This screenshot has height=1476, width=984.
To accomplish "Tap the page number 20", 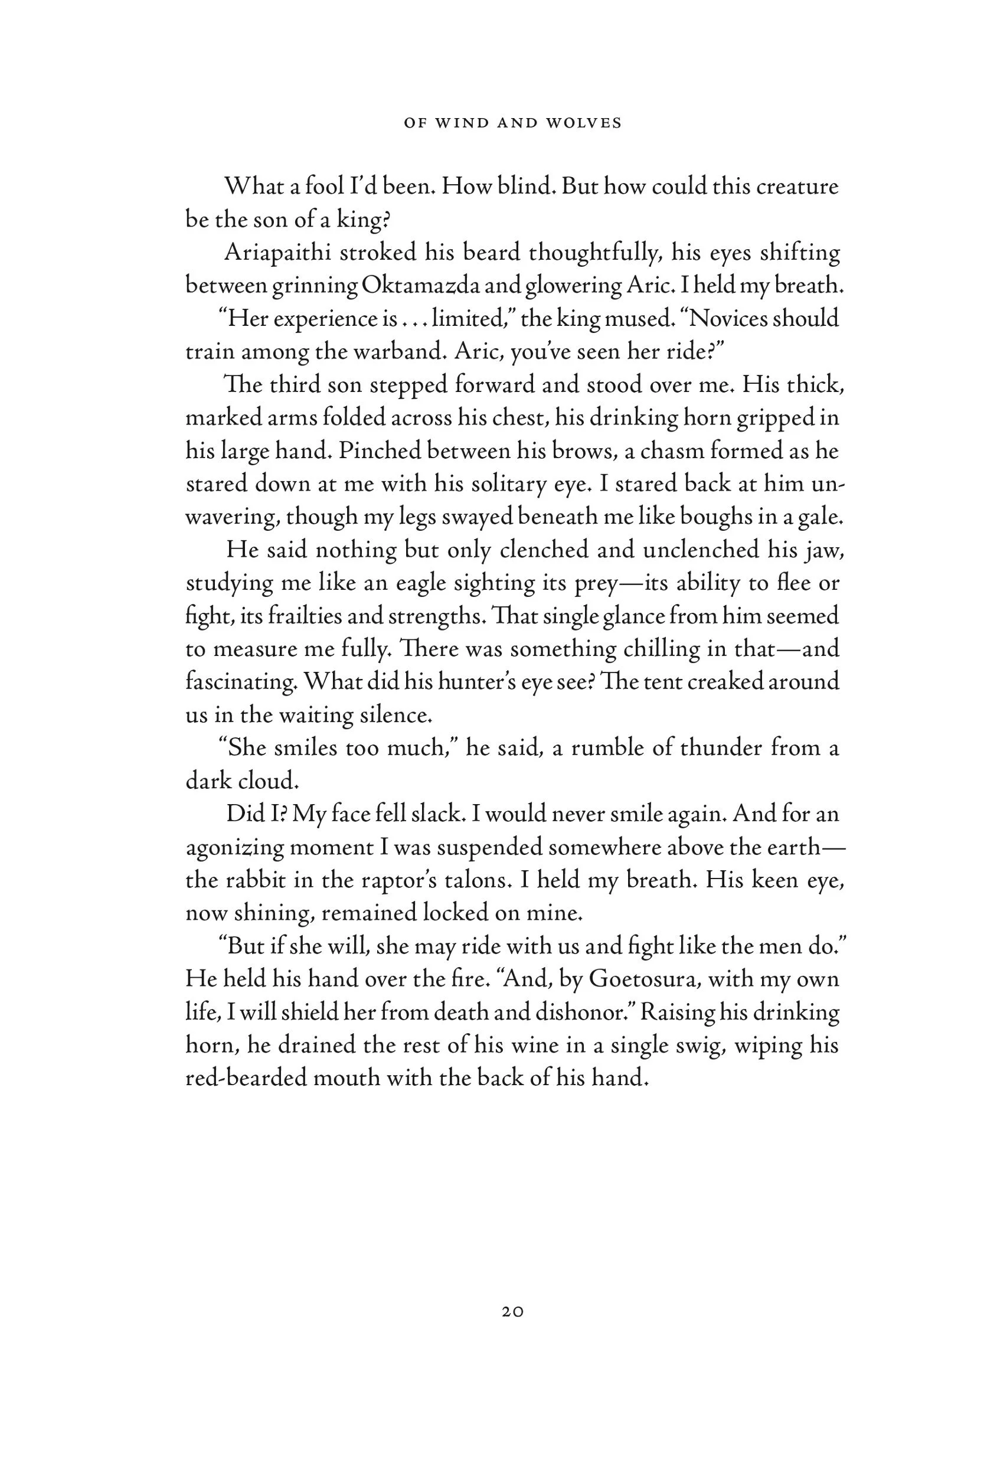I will (513, 1312).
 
